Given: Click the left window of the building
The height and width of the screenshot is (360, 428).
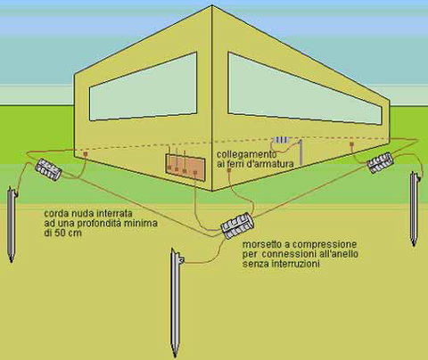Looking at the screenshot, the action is point(144,86).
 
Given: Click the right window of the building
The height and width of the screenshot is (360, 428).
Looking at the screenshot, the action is point(305,89).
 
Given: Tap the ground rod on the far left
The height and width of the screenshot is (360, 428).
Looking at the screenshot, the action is point(12,225).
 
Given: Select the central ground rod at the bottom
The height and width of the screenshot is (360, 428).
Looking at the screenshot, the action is point(176,301).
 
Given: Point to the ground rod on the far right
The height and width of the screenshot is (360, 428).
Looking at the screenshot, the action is point(414,209).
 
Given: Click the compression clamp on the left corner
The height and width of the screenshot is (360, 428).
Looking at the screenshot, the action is point(48,169).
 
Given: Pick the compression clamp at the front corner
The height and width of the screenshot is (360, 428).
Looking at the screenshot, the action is point(237,225).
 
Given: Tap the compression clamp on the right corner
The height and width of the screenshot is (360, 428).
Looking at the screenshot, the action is point(381,162).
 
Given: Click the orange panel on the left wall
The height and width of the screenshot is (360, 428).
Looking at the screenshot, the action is point(185,168).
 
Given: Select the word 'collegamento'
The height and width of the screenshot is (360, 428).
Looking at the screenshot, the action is point(246,155).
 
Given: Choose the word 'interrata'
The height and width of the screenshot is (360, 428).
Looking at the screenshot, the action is point(113,213).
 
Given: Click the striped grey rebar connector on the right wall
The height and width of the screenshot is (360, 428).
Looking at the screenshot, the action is point(281,140).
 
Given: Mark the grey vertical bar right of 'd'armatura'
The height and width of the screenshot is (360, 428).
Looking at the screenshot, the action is point(300,152).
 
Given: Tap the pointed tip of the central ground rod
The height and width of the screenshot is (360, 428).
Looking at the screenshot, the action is point(175,356).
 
